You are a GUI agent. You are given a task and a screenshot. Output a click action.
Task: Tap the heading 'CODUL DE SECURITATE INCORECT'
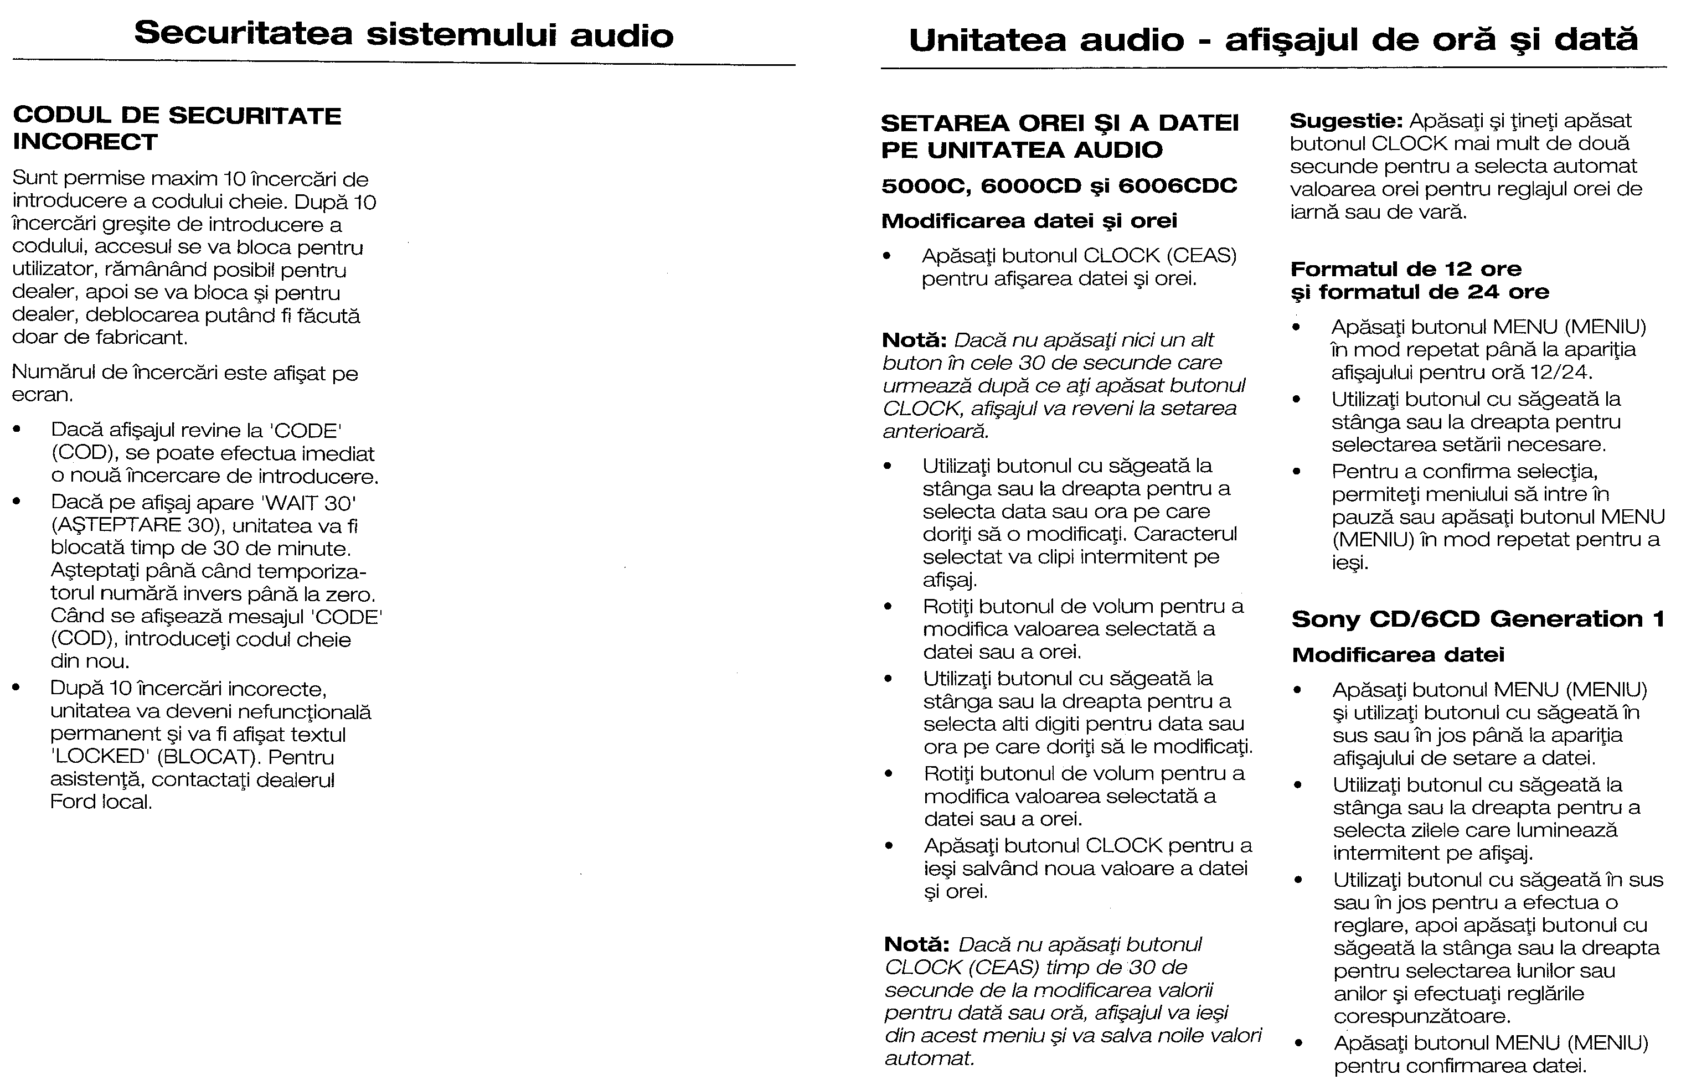pyautogui.click(x=177, y=128)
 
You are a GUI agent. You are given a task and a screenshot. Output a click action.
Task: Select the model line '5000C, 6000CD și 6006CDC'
pyautogui.click(x=1059, y=186)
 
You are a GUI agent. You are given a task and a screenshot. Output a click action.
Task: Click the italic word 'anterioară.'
pyautogui.click(x=936, y=431)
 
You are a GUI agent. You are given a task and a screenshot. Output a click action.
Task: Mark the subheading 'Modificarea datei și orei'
pyautogui.click(x=1029, y=221)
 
